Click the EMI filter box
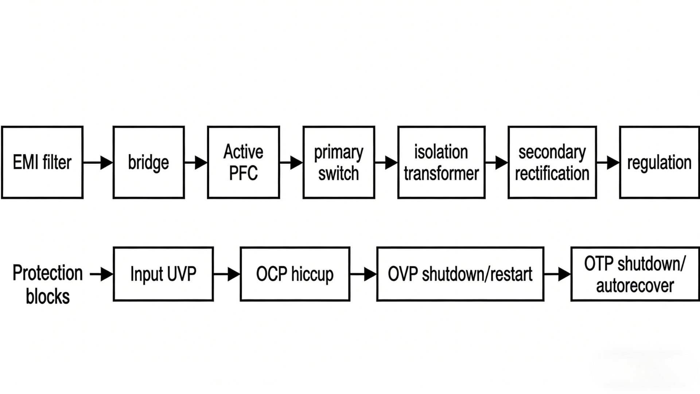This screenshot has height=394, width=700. [x=42, y=162]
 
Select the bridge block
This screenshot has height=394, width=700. [x=148, y=162]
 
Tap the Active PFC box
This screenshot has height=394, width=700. [x=243, y=162]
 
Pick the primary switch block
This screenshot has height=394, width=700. [x=339, y=162]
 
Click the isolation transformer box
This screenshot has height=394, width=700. [x=441, y=162]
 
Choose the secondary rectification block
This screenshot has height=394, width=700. [x=552, y=162]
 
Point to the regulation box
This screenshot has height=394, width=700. [x=659, y=162]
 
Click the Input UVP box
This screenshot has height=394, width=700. [x=163, y=274]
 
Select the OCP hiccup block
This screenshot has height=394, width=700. [x=295, y=274]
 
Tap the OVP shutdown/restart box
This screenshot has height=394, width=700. [x=460, y=274]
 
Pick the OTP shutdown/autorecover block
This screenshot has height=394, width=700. [x=635, y=274]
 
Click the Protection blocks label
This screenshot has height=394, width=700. [x=47, y=285]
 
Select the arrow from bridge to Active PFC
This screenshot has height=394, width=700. [x=196, y=163]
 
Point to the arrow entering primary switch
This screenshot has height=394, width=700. [x=291, y=163]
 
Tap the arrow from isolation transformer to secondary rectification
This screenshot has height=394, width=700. [x=497, y=163]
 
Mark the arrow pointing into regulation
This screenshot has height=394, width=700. [x=608, y=163]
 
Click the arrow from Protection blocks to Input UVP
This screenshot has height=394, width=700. [x=101, y=274]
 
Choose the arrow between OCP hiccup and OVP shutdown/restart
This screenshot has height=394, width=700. [x=363, y=274]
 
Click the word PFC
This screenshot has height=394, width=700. [x=243, y=173]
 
